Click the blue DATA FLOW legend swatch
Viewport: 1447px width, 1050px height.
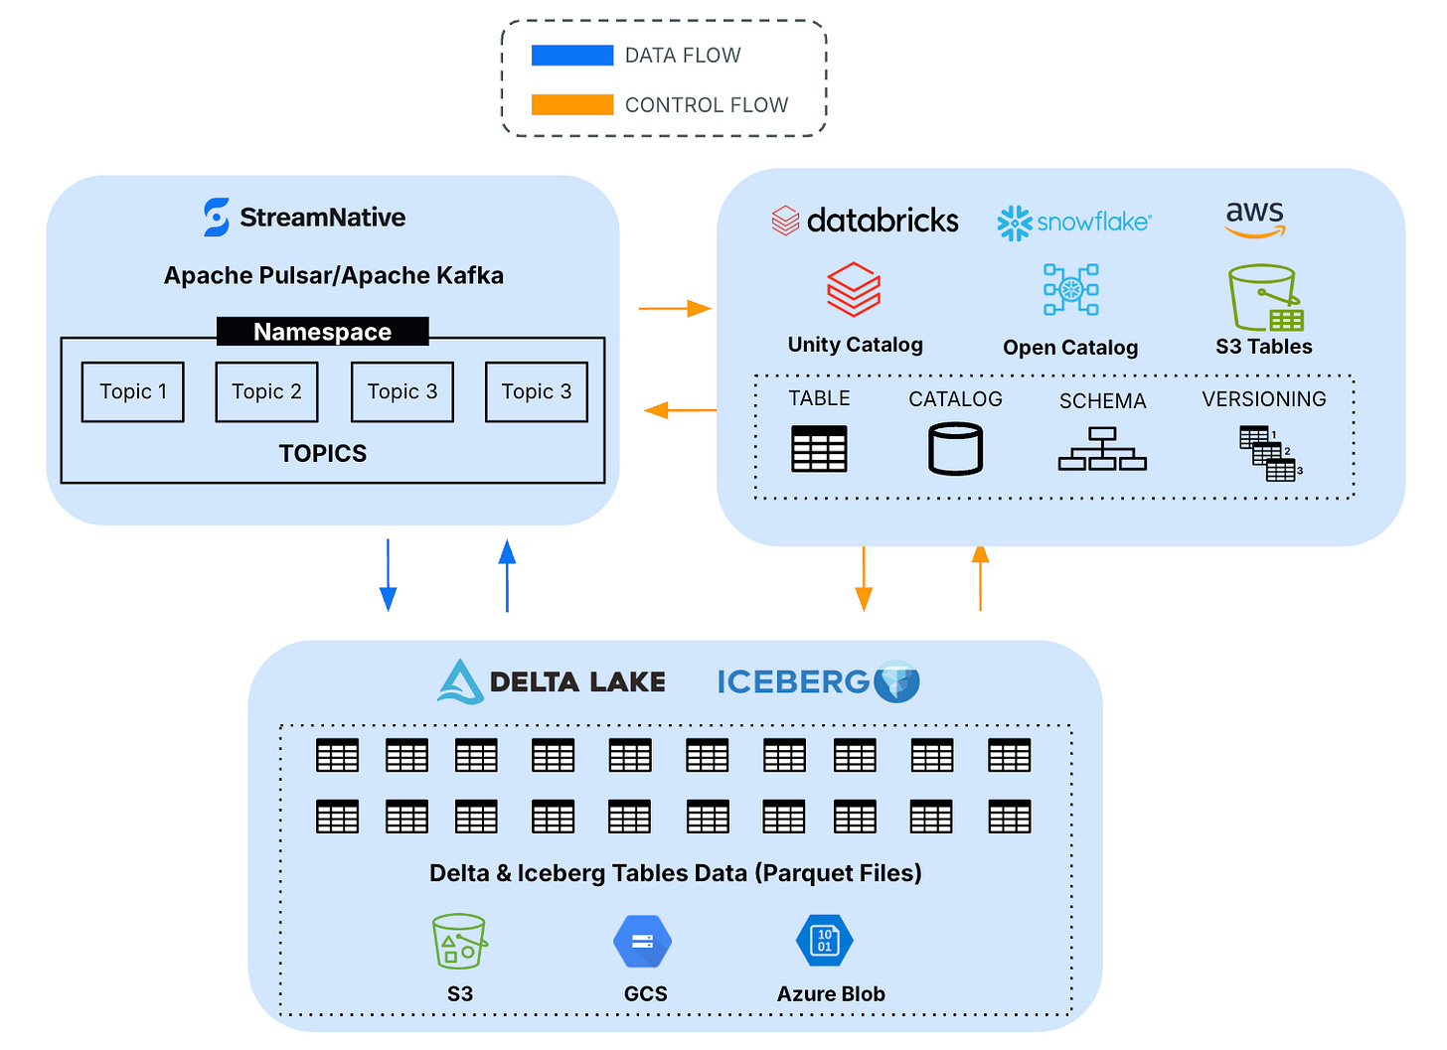pyautogui.click(x=572, y=56)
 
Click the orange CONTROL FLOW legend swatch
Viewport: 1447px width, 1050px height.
pyautogui.click(x=572, y=104)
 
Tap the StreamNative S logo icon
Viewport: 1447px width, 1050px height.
pyautogui.click(x=217, y=218)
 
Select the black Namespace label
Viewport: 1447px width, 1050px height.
pyautogui.click(x=322, y=332)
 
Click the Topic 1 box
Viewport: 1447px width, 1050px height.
pyautogui.click(x=133, y=392)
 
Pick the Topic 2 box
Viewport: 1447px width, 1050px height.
pyautogui.click(x=266, y=392)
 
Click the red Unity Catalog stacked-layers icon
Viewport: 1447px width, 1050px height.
pyautogui.click(x=854, y=289)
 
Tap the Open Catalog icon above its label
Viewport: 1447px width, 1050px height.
pyautogui.click(x=1070, y=289)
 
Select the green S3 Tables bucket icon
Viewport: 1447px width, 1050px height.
pyautogui.click(x=1264, y=297)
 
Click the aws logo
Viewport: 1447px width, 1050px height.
pyautogui.click(x=1255, y=218)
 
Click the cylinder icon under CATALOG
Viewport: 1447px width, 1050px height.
pyautogui.click(x=955, y=449)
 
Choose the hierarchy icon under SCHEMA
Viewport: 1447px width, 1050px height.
pyautogui.click(x=1102, y=449)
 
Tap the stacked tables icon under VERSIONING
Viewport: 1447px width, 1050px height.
pyautogui.click(x=1269, y=453)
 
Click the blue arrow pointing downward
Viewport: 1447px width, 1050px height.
pyautogui.click(x=388, y=576)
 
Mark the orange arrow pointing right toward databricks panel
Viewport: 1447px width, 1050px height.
pyautogui.click(x=675, y=309)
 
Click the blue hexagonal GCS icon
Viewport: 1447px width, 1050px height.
pyautogui.click(x=643, y=941)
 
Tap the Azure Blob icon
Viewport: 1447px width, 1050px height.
pyautogui.click(x=825, y=941)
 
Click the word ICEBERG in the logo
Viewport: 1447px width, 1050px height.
pyautogui.click(x=793, y=682)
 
